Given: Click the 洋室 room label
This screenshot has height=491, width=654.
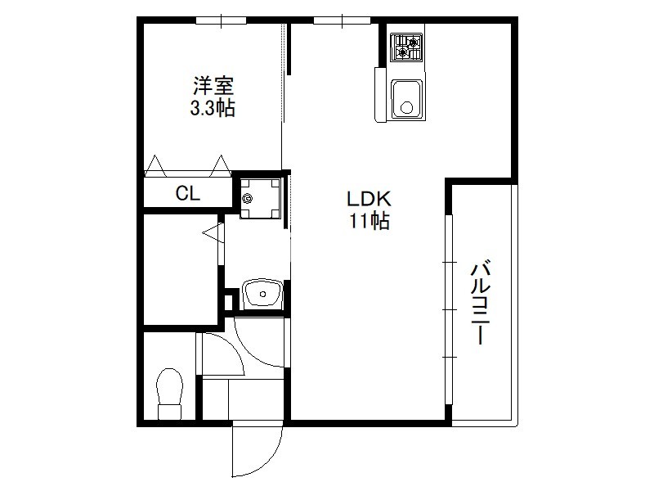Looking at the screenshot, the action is coord(213,86).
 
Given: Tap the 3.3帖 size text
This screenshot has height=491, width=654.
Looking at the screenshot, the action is coord(213,108).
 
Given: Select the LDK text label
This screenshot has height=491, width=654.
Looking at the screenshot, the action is coord(370,199).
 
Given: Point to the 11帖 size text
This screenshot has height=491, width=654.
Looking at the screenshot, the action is coord(370,220).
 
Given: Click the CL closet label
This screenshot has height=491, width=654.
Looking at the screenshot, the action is coord(188,193).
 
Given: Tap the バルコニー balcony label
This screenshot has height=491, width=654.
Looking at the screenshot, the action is coord(481,303).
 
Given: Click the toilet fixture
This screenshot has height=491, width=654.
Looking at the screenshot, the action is coord(170,394).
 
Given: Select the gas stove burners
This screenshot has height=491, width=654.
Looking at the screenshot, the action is coord(405,47).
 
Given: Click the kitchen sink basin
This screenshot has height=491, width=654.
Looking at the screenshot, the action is coord(406,99).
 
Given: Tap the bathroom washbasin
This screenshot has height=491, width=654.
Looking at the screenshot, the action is coord(262,294).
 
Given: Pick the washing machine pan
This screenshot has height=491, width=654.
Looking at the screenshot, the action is coord(260,198).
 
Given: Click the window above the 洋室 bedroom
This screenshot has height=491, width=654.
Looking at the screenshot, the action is coord(221,20).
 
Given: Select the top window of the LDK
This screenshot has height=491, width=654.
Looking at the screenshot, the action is coord(342,20).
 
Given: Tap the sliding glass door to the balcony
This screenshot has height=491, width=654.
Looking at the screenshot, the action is coord(449,309).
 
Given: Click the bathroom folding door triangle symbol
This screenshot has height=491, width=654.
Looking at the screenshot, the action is coord(213,232).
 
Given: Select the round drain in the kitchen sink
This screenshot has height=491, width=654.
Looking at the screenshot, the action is coord(406,109).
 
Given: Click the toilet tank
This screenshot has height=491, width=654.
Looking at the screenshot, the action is coord(170,412).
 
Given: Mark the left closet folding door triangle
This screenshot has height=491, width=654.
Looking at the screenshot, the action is coord(155,165).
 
